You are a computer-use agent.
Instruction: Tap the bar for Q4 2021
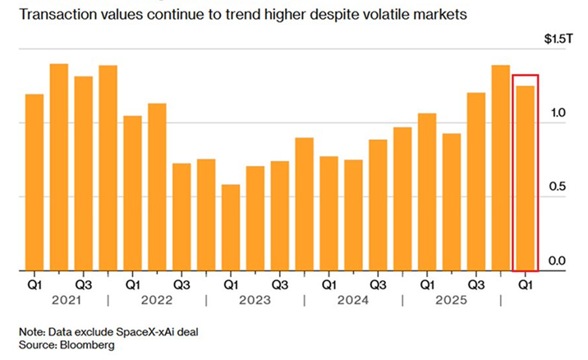pos(108,168)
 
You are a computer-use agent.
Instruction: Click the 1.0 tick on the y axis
pos(558,113)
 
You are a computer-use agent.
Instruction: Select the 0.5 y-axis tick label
pos(558,187)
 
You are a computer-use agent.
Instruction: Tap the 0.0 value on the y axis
pos(558,261)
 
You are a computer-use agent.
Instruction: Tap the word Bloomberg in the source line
pos(86,345)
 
